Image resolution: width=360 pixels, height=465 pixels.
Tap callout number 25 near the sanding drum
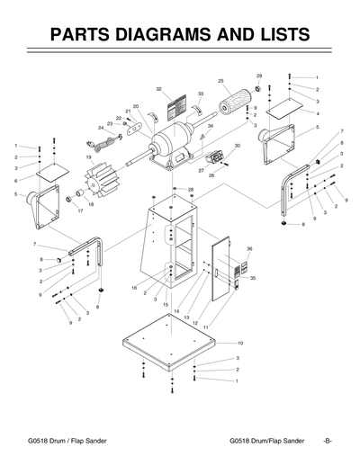coord(220,82)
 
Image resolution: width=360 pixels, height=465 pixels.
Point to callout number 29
coord(259,76)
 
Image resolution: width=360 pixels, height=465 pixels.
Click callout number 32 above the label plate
coord(158,89)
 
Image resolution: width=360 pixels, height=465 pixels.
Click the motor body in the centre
coord(175,141)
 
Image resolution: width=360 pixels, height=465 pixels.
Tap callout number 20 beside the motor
coord(136,106)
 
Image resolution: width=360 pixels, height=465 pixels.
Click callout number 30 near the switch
coord(237,146)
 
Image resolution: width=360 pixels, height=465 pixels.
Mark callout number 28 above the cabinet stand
coord(190,189)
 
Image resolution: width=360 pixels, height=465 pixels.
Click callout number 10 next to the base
coord(240,344)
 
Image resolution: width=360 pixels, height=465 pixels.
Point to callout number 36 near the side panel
coord(249,247)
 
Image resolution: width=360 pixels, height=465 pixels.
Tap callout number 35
coord(253,279)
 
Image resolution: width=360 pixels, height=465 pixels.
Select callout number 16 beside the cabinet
coord(134,288)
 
